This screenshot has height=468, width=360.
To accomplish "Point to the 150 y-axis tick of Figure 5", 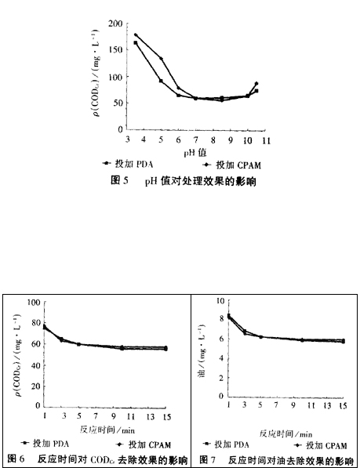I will (116, 51).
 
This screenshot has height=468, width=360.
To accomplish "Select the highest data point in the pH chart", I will (136, 35).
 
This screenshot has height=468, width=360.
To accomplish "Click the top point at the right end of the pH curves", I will (256, 84).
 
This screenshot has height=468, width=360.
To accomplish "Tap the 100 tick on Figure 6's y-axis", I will (33, 302).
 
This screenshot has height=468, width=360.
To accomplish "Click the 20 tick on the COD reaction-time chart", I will (35, 386).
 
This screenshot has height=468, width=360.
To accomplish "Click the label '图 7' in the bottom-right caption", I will (209, 458).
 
